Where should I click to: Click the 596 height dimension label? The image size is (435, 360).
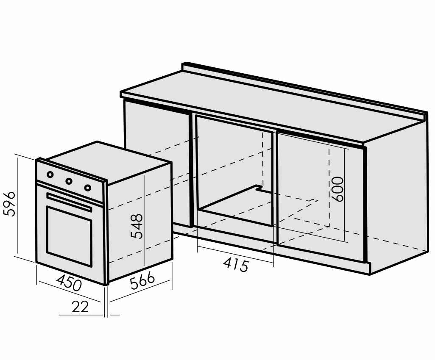tap(9, 204)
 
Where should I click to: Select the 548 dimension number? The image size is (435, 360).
tap(137, 227)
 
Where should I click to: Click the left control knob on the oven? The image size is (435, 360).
tap(50, 174)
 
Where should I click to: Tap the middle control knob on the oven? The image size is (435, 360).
tap(69, 181)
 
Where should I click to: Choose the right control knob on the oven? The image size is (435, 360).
tap(87, 188)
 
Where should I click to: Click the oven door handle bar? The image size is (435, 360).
tap(69, 202)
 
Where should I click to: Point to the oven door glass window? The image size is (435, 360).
tap(69, 236)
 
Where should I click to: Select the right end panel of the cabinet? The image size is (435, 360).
tap(396, 195)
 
